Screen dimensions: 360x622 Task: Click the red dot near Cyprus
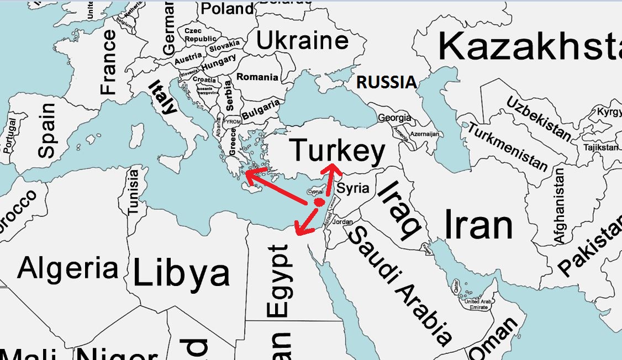[319, 203]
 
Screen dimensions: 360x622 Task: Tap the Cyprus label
[314, 192]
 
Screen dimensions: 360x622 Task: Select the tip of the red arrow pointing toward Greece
[246, 175]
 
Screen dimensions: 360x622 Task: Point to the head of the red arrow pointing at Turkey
[333, 166]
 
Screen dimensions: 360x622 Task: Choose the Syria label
[353, 188]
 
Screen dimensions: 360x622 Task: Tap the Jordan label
[343, 222]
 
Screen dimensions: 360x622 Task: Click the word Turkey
[337, 151]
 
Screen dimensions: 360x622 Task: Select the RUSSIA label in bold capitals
[386, 82]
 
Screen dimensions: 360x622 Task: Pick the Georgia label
[394, 118]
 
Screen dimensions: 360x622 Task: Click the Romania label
[257, 77]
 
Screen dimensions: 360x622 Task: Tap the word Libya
[181, 273]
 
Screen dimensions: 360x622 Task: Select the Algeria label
[68, 268]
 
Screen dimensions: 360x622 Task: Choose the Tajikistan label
[602, 147]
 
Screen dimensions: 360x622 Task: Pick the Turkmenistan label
[508, 147]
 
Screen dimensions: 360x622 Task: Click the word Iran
[479, 225]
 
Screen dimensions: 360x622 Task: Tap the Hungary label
[218, 62]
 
